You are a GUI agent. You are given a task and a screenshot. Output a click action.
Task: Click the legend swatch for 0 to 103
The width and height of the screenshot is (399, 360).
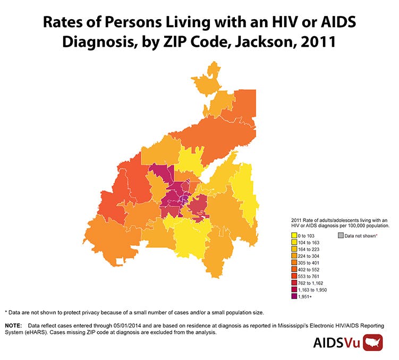pos(294,235)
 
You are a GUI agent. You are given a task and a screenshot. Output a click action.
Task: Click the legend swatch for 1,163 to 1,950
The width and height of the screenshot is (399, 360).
pos(294,290)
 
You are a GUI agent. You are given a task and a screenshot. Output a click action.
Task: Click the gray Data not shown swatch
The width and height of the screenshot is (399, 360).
pos(341,235)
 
